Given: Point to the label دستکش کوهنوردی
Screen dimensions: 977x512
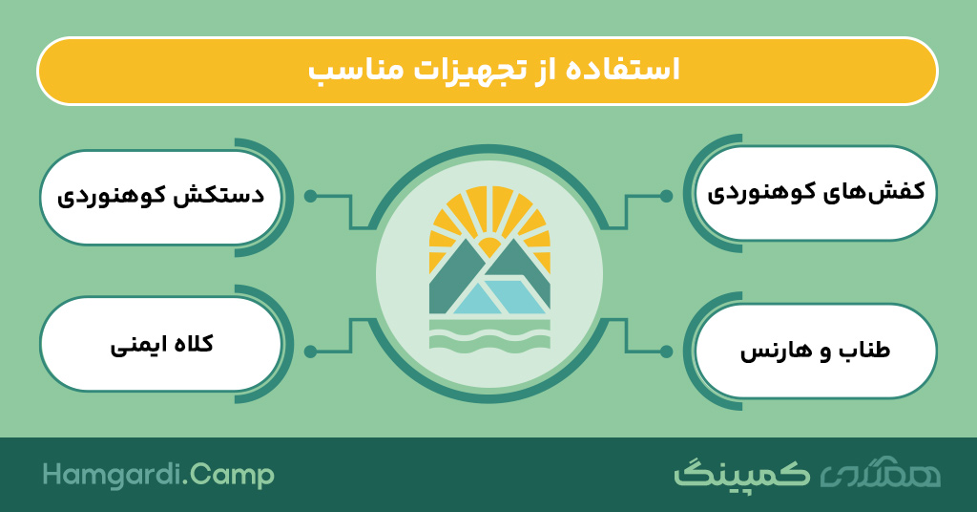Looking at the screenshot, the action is click(x=160, y=195).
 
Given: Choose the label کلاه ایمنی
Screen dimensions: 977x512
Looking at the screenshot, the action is click(x=162, y=344).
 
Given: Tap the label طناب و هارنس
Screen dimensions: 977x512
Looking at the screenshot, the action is click(x=815, y=351).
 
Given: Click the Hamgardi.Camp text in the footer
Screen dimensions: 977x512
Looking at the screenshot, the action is click(x=158, y=475).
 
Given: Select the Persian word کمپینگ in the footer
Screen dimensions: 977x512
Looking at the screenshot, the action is click(x=742, y=474).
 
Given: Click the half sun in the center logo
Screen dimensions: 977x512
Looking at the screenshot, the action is click(x=489, y=246).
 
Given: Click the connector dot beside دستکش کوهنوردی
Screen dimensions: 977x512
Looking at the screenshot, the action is click(x=310, y=197).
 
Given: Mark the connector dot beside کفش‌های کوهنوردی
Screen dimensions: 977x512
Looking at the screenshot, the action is click(x=666, y=197).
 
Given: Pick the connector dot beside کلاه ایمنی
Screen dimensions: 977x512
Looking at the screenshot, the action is click(x=310, y=352).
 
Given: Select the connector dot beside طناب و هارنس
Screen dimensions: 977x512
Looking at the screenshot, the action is click(x=666, y=352).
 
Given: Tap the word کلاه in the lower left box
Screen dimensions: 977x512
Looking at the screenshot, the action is click(x=190, y=344).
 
